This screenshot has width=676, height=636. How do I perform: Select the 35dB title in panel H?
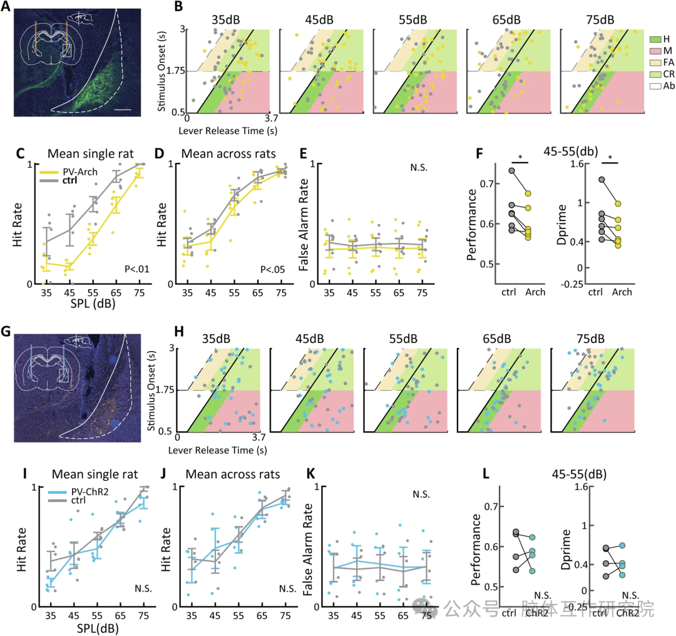click(x=216, y=339)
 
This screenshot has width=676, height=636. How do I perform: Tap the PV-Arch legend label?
click(x=68, y=169)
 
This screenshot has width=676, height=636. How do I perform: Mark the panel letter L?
click(x=479, y=473)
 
